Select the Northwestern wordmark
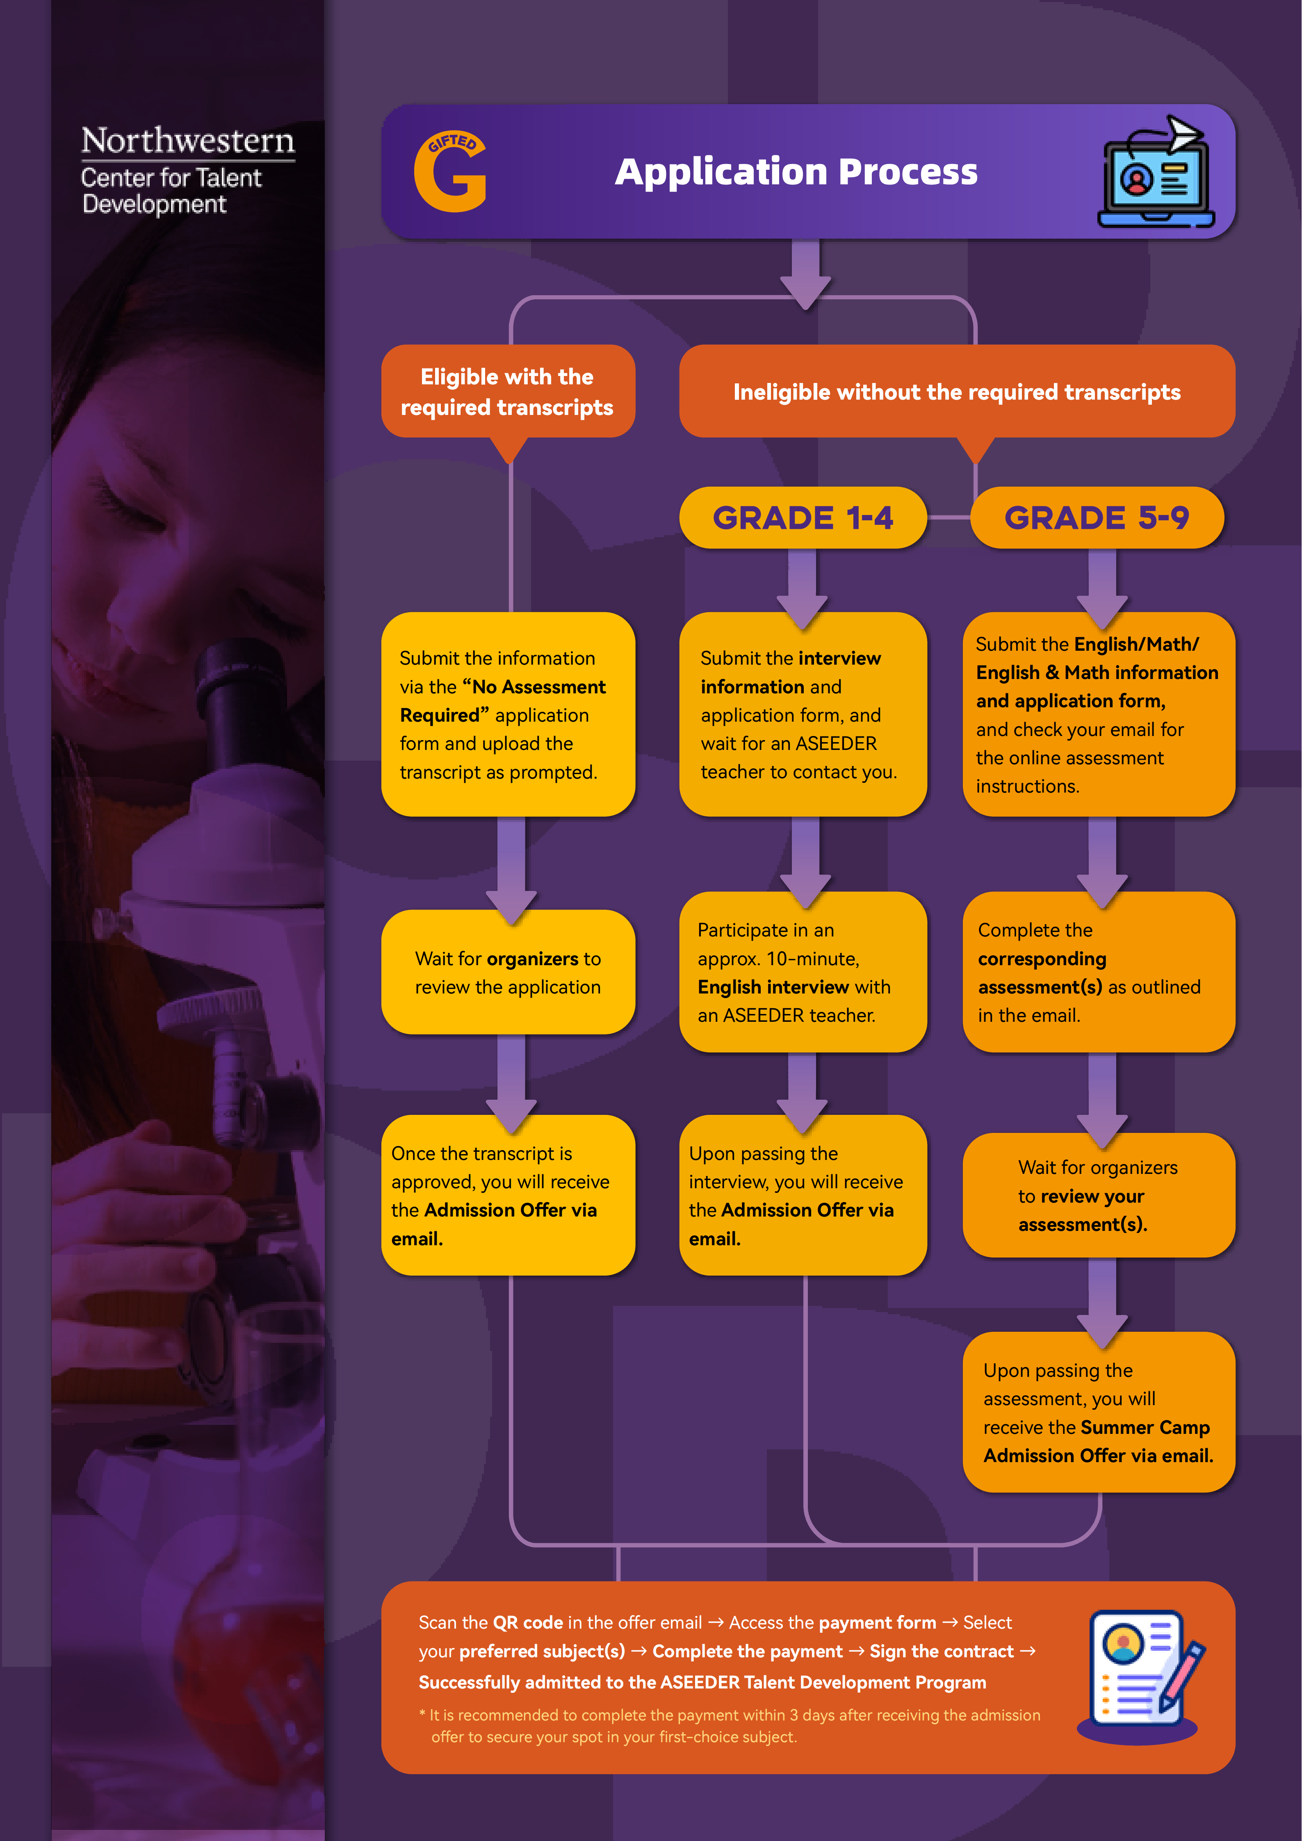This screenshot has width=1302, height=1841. click(x=187, y=141)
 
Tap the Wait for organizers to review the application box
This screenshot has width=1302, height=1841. click(x=508, y=973)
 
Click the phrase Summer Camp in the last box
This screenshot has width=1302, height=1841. click(x=1145, y=1427)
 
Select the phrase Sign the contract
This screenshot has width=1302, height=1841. click(x=941, y=1652)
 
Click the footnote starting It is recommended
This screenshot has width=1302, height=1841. click(x=730, y=1725)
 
